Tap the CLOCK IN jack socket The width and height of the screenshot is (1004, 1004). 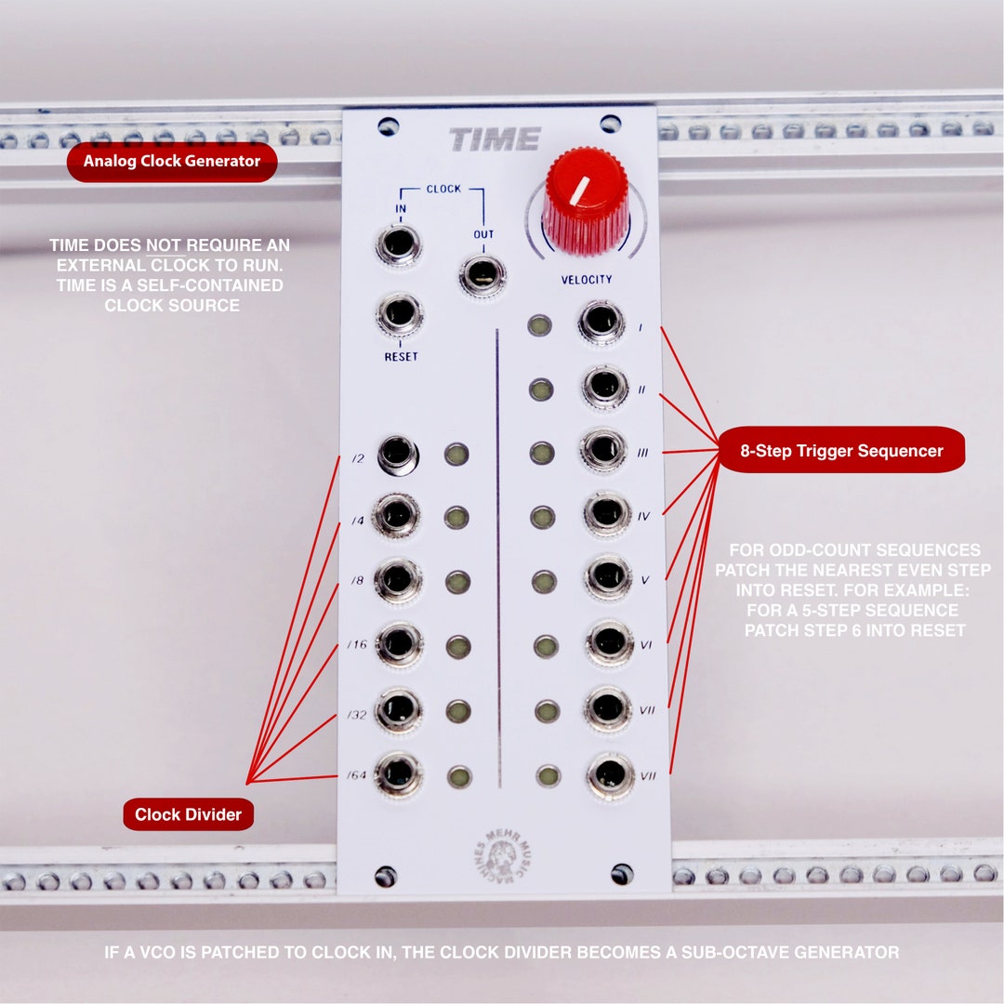point(399,245)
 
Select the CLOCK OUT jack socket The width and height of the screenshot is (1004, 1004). point(482,274)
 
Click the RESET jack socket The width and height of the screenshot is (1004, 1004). point(399,314)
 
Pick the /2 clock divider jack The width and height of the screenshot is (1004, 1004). point(397,455)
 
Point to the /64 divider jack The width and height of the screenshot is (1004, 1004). point(398,774)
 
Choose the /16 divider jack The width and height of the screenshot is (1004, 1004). point(399,643)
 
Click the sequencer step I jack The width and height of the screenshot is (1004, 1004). point(601,323)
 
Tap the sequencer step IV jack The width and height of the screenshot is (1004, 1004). point(606,513)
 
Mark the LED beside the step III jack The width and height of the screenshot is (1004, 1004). point(542,453)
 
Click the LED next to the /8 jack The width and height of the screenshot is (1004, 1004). point(457,582)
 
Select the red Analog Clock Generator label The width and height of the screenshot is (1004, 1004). point(172,161)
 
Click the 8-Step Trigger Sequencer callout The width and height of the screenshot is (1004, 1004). point(841,451)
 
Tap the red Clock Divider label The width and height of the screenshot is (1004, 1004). point(188,814)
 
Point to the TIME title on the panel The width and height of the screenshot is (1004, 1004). point(495,140)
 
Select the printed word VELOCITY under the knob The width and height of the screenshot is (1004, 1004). point(586,280)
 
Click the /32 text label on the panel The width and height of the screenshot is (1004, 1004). point(358,715)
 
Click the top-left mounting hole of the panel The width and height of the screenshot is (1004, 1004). point(389,126)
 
